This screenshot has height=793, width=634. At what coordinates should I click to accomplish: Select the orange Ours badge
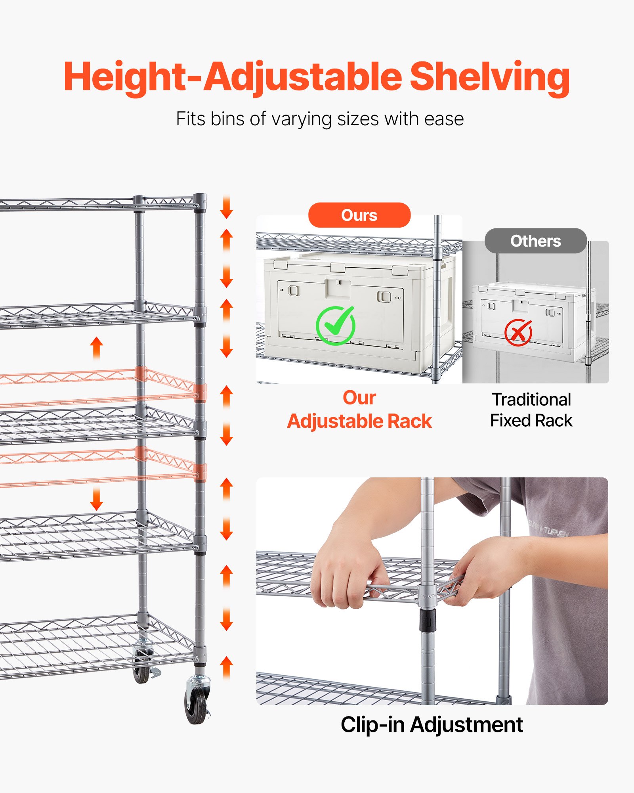coord(359,215)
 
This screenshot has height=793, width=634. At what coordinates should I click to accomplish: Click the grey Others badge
coord(535,241)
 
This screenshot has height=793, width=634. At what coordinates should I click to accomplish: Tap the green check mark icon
coord(335,326)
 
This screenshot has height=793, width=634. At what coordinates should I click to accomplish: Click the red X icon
coord(518,332)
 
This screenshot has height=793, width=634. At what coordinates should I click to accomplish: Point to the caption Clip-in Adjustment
coord(432,725)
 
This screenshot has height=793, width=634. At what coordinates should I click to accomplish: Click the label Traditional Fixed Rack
coord(531,410)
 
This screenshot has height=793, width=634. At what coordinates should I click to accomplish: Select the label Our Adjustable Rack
coord(359,410)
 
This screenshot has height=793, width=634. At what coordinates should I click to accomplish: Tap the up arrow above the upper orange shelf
coord(96,348)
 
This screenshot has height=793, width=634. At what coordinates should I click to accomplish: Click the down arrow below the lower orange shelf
coord(96,499)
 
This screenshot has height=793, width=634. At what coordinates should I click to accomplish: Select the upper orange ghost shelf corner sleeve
coord(200,393)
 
